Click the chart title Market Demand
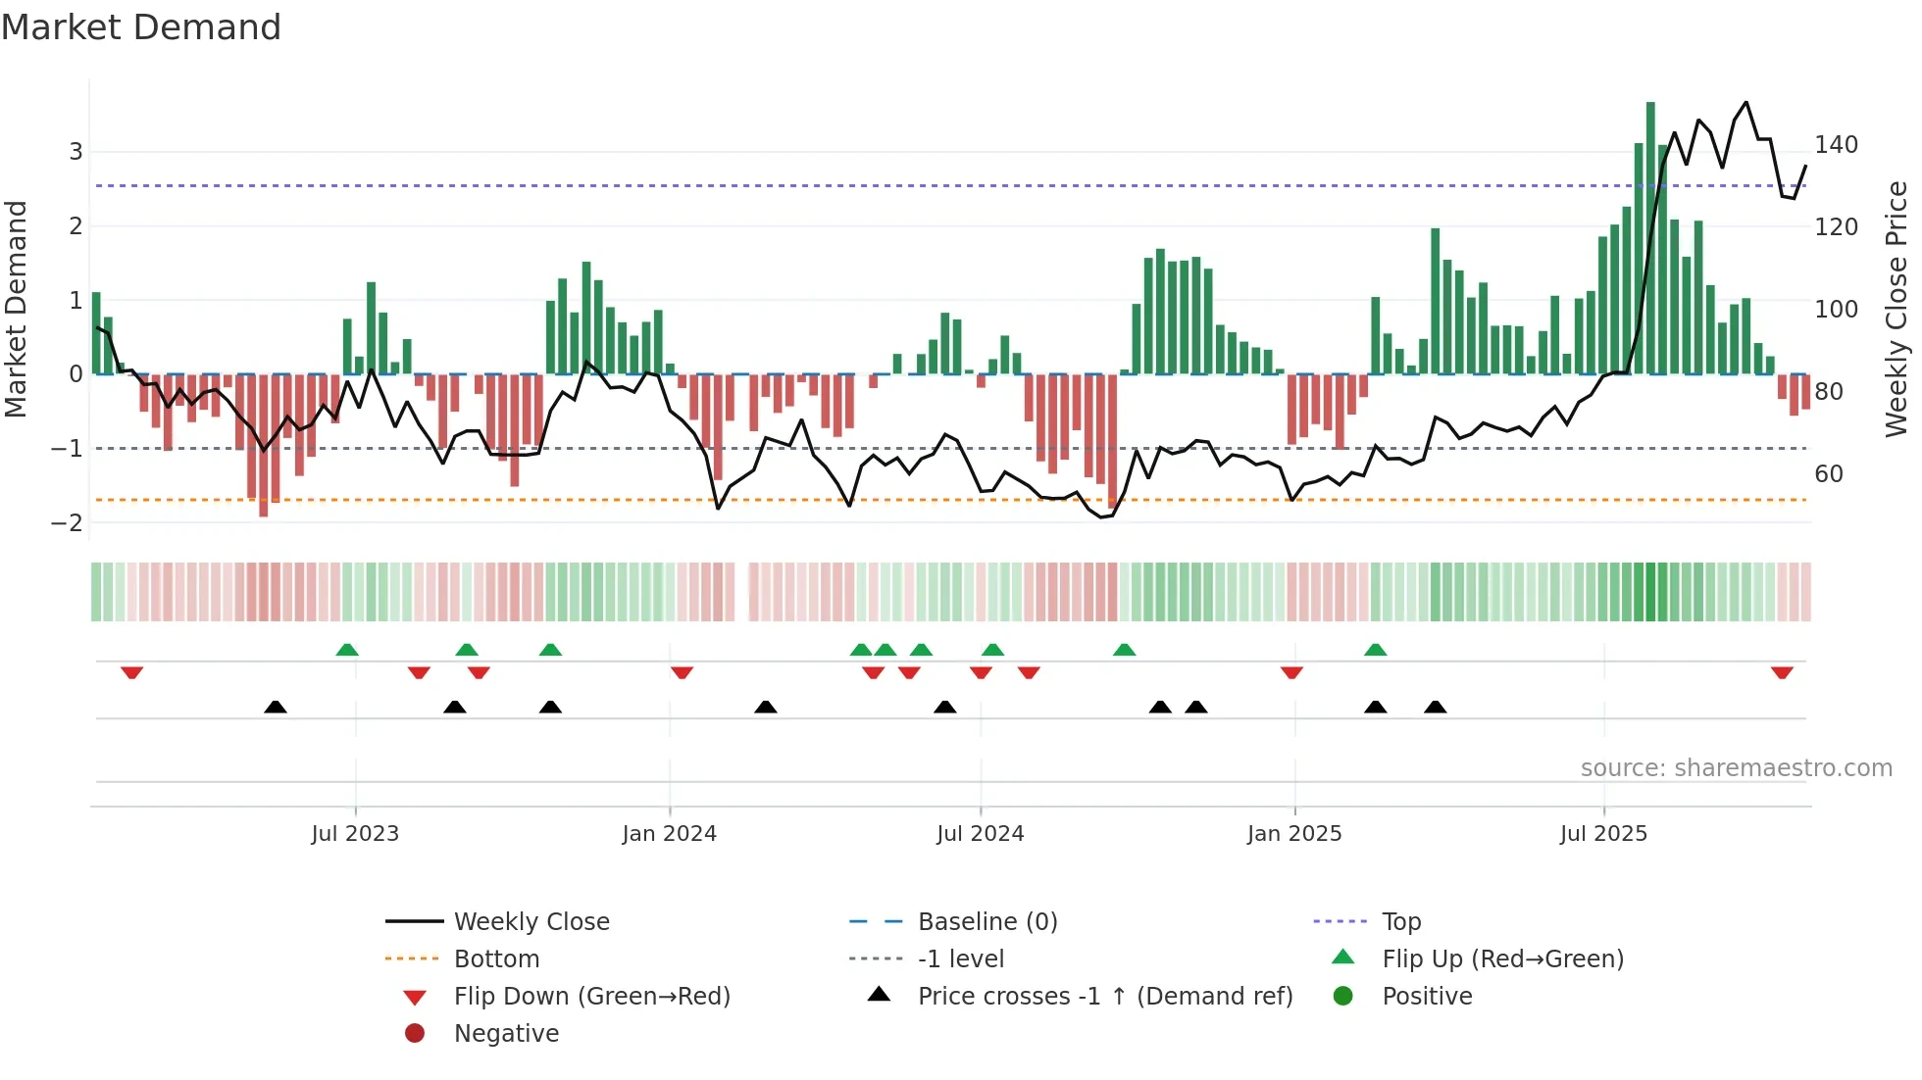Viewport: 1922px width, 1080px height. coord(141,27)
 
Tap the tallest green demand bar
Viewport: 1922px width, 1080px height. coord(1650,235)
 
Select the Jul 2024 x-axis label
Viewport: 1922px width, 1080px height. coord(980,834)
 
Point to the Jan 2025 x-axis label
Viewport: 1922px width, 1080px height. coord(1294,834)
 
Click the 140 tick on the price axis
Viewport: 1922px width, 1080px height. coord(1836,145)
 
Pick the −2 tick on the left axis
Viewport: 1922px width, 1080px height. coord(68,522)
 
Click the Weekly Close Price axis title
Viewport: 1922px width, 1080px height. coord(1897,309)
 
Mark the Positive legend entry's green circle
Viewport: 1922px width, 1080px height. coord(1343,997)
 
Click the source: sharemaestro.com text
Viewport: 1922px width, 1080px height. coord(1736,768)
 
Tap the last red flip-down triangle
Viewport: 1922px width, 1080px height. coord(1782,672)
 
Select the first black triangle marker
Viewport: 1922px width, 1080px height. coord(276,707)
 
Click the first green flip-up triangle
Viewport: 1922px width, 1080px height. coord(347,650)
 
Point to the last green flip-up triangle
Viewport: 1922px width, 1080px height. coord(1376,650)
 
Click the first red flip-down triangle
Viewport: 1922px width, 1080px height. coord(132,672)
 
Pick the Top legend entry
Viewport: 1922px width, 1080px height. coord(1401,922)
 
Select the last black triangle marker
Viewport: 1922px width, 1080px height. coord(1436,707)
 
